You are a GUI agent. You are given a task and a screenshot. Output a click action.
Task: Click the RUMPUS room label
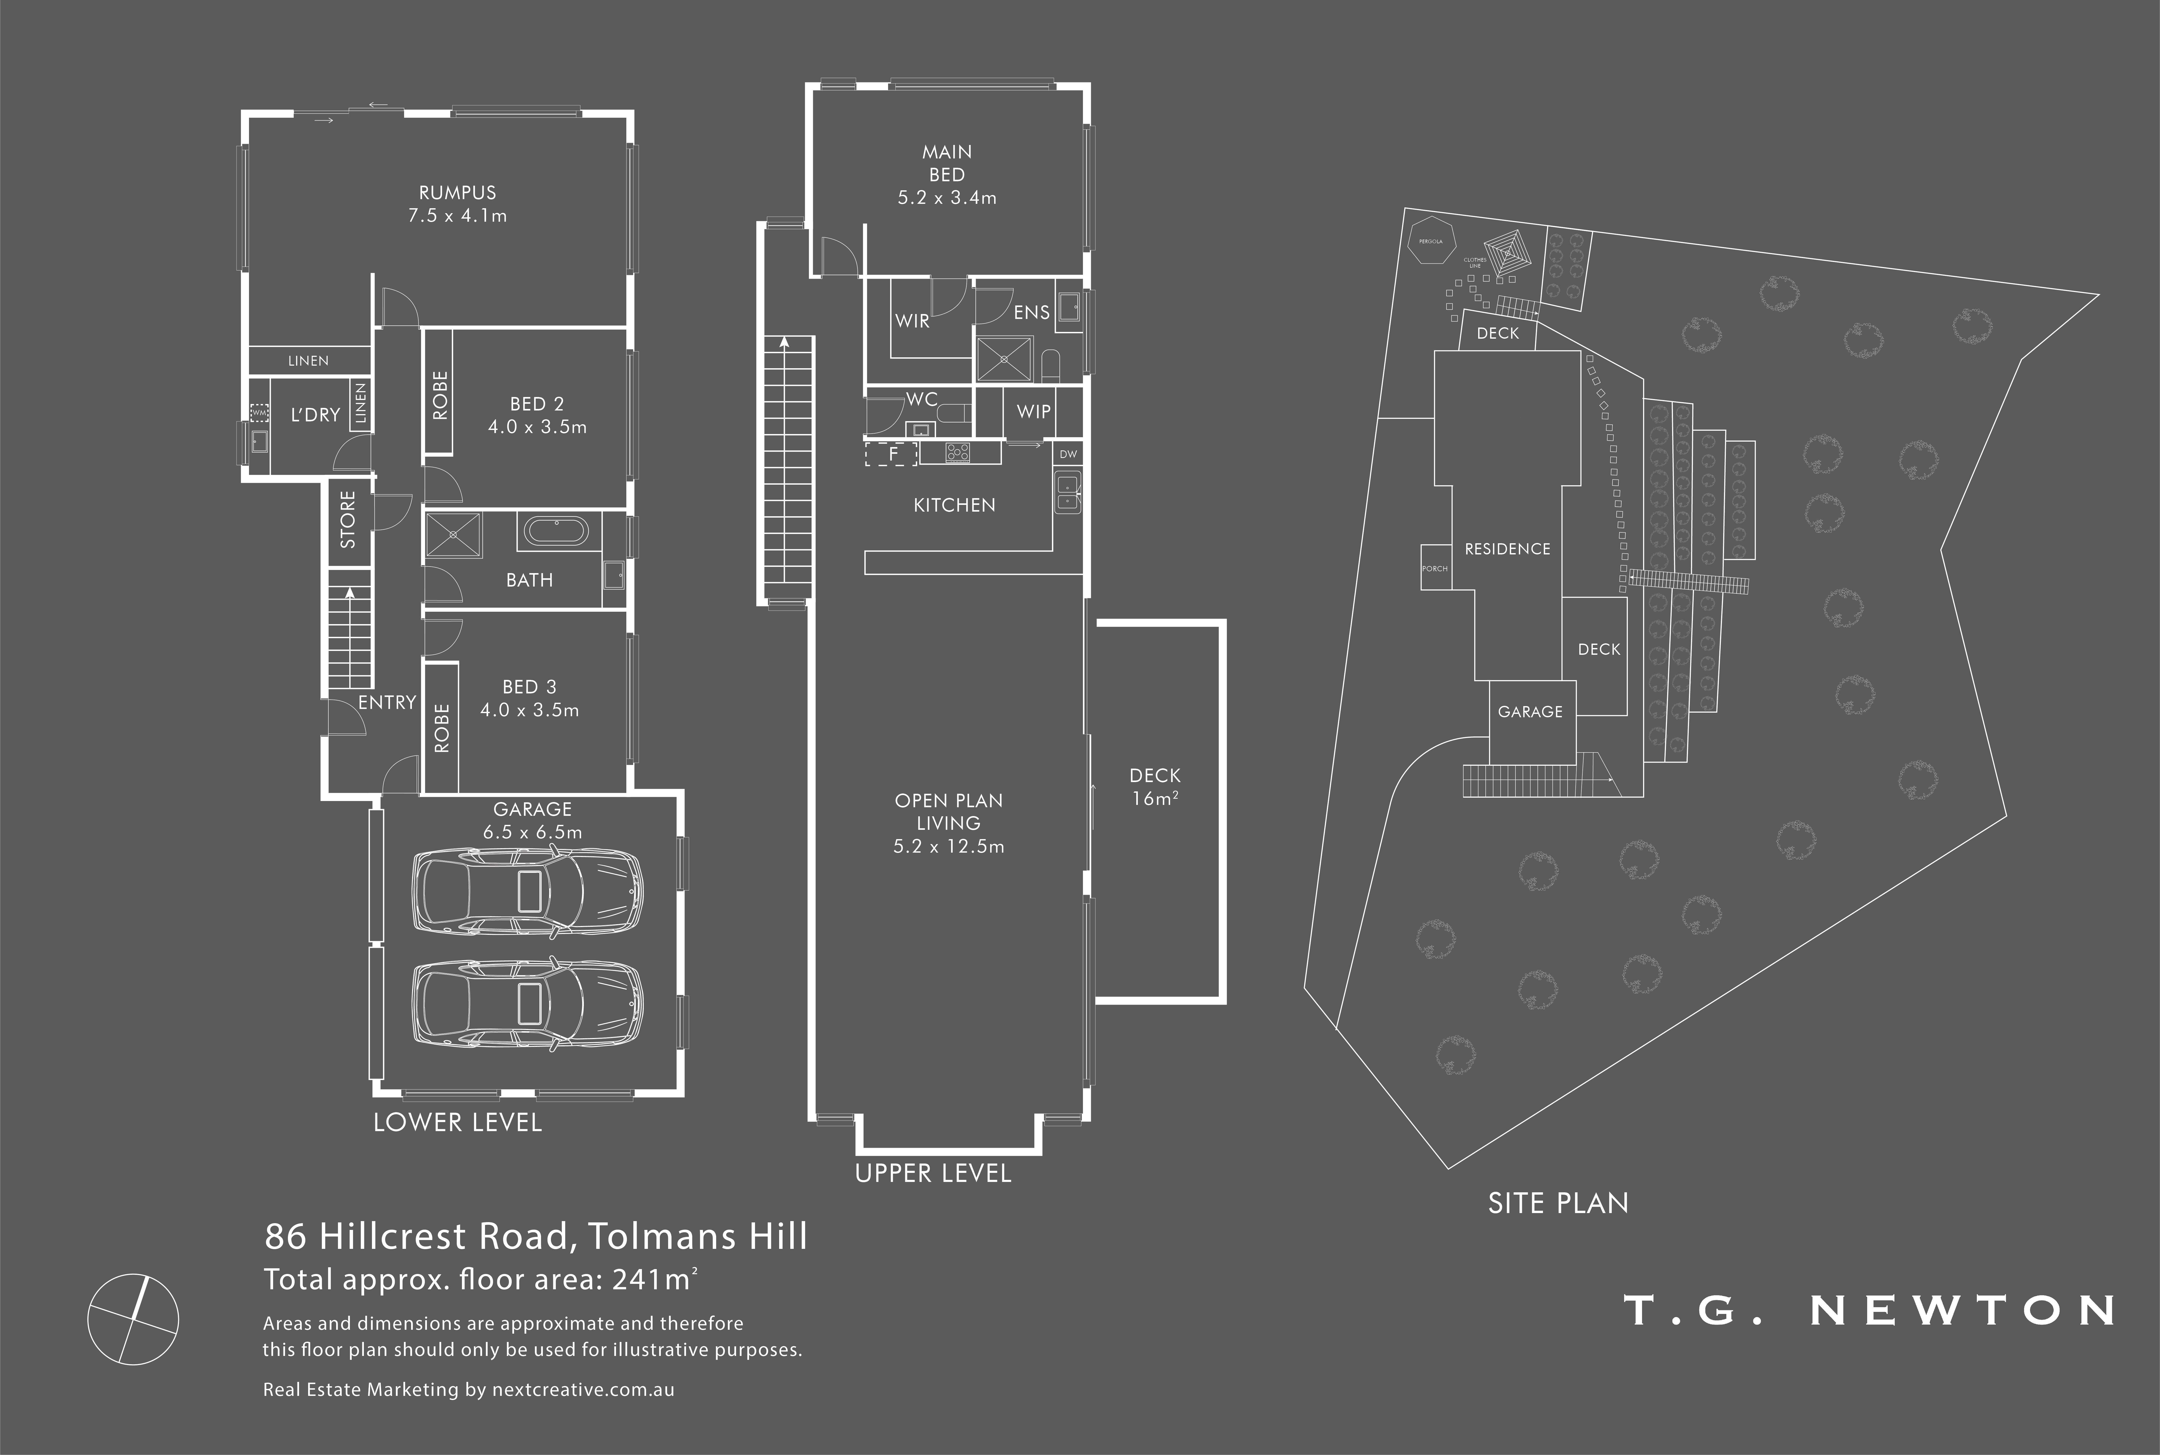click(x=458, y=193)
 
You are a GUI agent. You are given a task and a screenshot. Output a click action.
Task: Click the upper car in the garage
click(x=526, y=892)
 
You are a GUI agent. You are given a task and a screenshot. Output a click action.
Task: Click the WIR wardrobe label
click(x=912, y=321)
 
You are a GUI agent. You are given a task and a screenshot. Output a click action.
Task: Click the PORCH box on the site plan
click(x=1435, y=568)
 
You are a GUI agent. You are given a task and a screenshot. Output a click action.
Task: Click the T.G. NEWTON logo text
click(x=1869, y=1310)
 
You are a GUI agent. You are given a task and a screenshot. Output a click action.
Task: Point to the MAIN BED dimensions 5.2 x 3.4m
click(x=947, y=198)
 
